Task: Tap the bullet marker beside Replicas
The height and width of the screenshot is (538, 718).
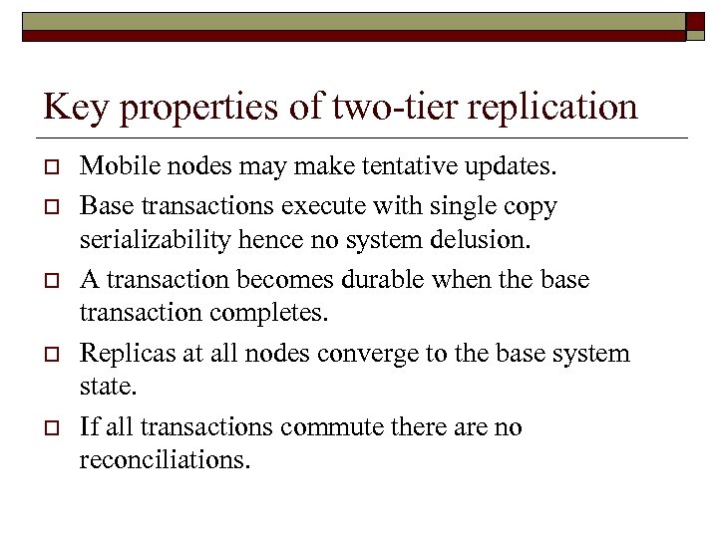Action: click(49, 355)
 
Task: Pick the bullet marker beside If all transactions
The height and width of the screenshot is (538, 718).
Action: click(49, 428)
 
